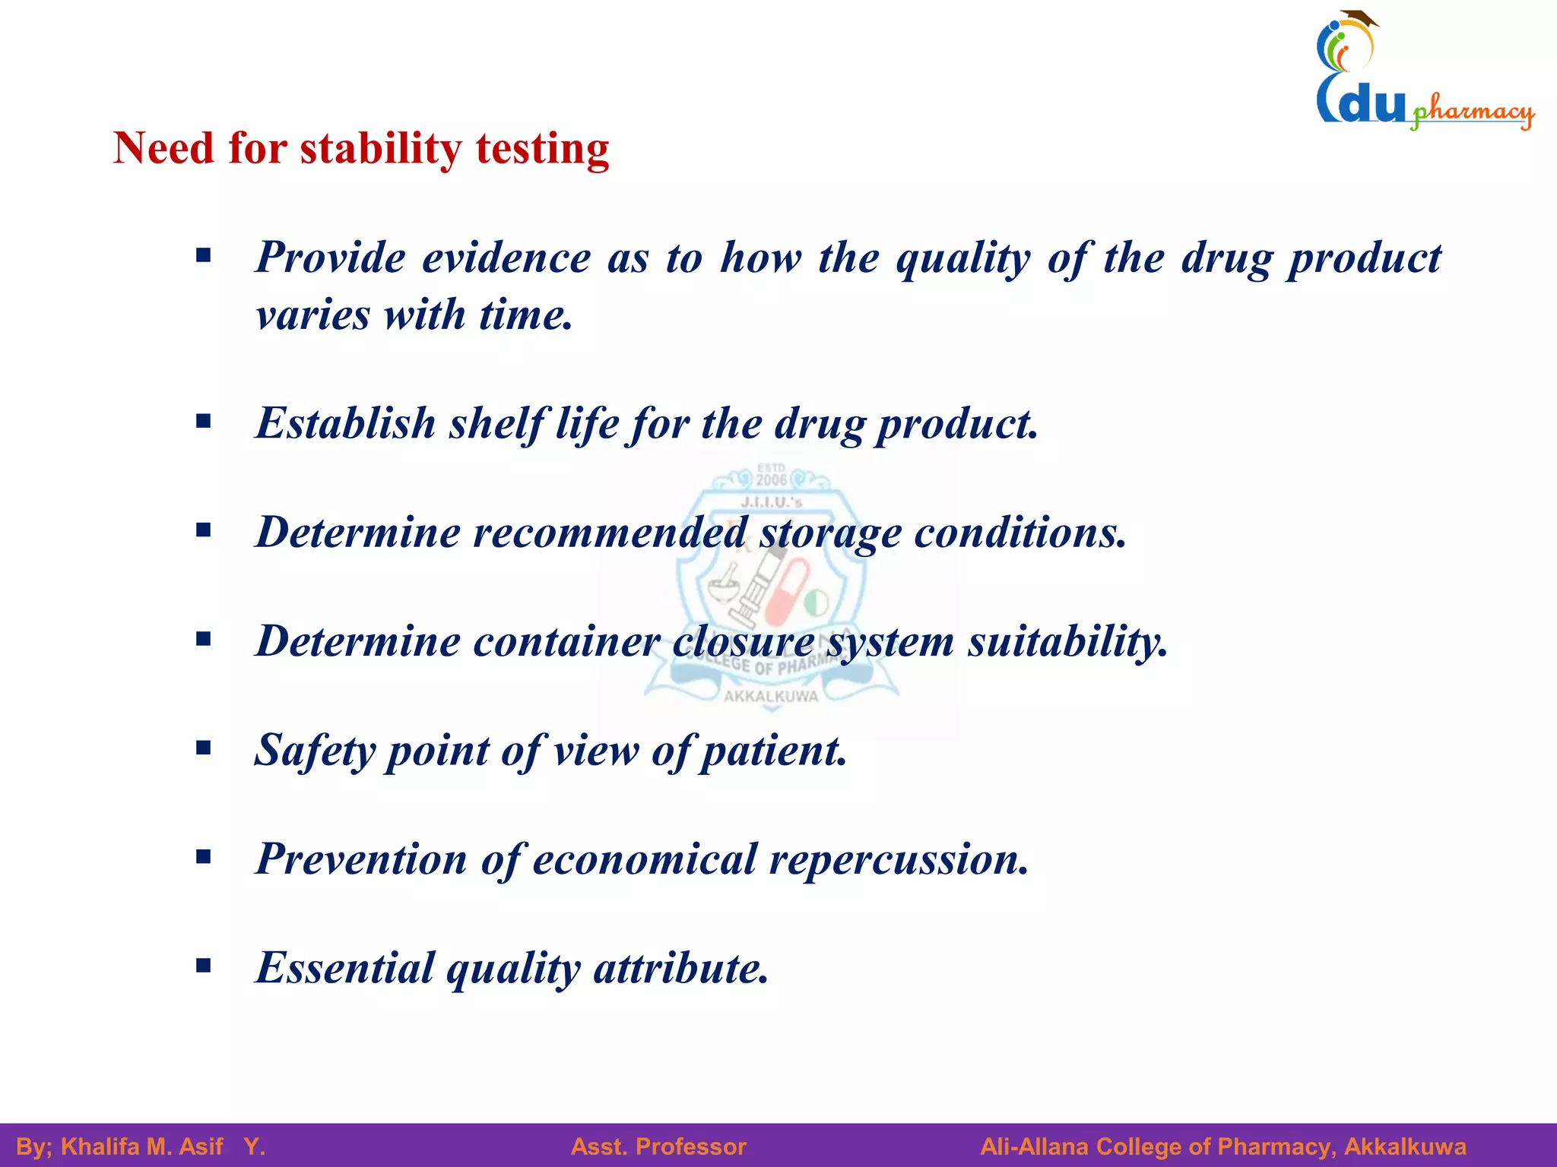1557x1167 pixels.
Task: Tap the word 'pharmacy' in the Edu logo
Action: [x=1472, y=112]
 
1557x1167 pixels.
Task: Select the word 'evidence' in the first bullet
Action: [x=506, y=258]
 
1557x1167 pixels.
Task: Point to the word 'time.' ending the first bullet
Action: [x=526, y=315]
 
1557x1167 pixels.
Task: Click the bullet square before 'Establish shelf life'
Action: [x=203, y=422]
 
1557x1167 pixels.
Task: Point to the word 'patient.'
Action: [x=773, y=751]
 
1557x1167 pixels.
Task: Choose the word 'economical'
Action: [x=645, y=859]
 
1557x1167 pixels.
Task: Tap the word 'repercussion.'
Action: [x=899, y=859]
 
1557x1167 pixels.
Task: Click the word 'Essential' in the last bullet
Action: [x=344, y=968]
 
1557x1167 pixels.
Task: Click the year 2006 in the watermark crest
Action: [x=771, y=480]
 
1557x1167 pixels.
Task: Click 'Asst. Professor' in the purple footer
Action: [x=658, y=1146]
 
